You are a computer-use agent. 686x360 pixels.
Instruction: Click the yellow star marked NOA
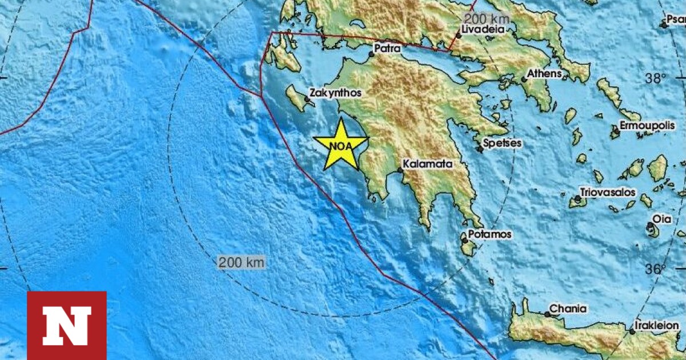(341, 145)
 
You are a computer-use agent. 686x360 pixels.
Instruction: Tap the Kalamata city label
(427, 164)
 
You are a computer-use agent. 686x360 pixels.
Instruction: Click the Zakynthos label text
(335, 92)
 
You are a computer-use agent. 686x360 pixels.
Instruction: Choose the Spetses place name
(502, 143)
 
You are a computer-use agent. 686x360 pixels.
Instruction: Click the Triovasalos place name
(607, 192)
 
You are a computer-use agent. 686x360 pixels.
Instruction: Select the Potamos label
(490, 234)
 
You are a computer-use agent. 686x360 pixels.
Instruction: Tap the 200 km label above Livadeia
(488, 18)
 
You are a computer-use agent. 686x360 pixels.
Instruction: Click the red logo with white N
(67, 325)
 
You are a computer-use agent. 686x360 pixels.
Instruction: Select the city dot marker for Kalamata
(401, 170)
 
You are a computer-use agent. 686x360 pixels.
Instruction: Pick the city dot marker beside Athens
(524, 79)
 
